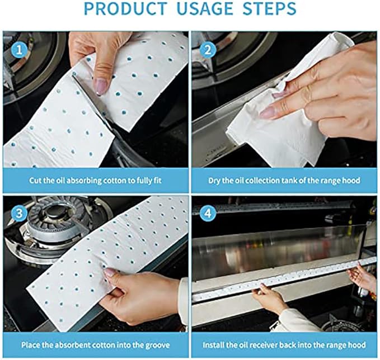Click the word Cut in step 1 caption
coord(36,181)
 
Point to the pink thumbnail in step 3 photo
coord(110,273)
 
